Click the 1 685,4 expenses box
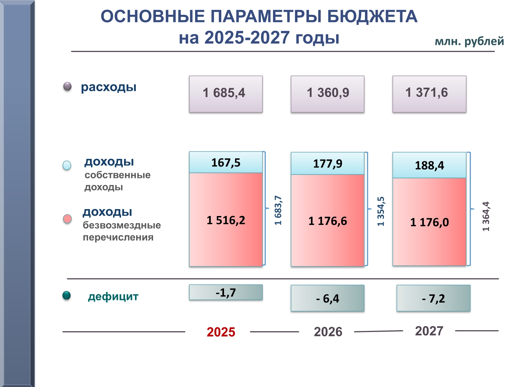click(226, 94)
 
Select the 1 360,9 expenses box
click(327, 94)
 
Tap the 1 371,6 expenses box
click(429, 94)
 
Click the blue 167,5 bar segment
click(226, 162)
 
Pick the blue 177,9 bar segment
click(327, 163)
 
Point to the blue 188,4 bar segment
click(429, 165)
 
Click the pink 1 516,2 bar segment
click(226, 220)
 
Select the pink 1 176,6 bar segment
click(327, 221)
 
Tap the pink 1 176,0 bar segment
click(429, 222)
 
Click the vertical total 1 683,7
click(278, 210)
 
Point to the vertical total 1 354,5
click(381, 211)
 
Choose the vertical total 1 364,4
click(486, 216)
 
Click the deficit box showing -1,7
click(226, 292)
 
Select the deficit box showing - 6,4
click(327, 298)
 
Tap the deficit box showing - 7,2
click(433, 298)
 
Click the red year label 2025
click(221, 332)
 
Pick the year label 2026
click(328, 332)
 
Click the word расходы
click(109, 87)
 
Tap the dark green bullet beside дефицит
click(67, 295)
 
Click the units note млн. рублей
click(469, 41)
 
